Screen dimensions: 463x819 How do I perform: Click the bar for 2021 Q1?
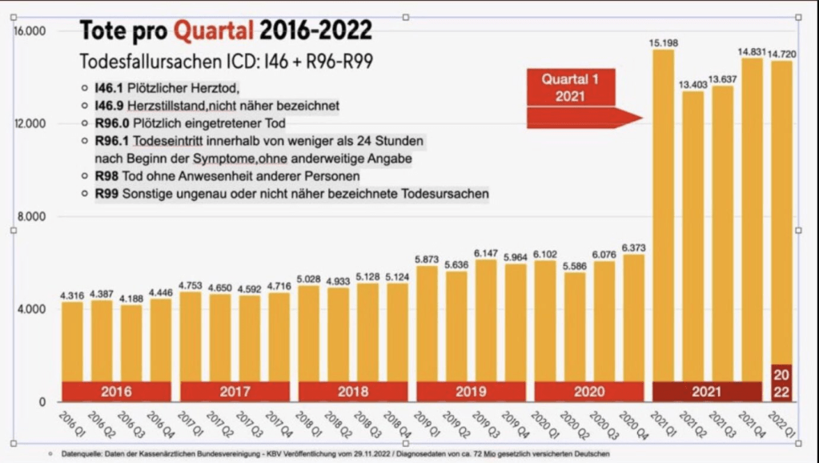click(x=664, y=216)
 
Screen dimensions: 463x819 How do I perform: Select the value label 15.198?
click(x=664, y=42)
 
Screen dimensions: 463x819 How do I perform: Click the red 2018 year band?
click(x=354, y=392)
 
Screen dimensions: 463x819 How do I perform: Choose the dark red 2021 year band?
click(x=708, y=392)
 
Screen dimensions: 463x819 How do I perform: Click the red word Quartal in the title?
click(x=214, y=31)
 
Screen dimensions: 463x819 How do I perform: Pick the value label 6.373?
click(x=634, y=247)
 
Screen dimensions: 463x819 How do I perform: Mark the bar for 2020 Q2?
click(x=575, y=328)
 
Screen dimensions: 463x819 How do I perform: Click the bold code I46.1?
click(x=110, y=88)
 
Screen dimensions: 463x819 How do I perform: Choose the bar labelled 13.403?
click(x=693, y=232)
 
